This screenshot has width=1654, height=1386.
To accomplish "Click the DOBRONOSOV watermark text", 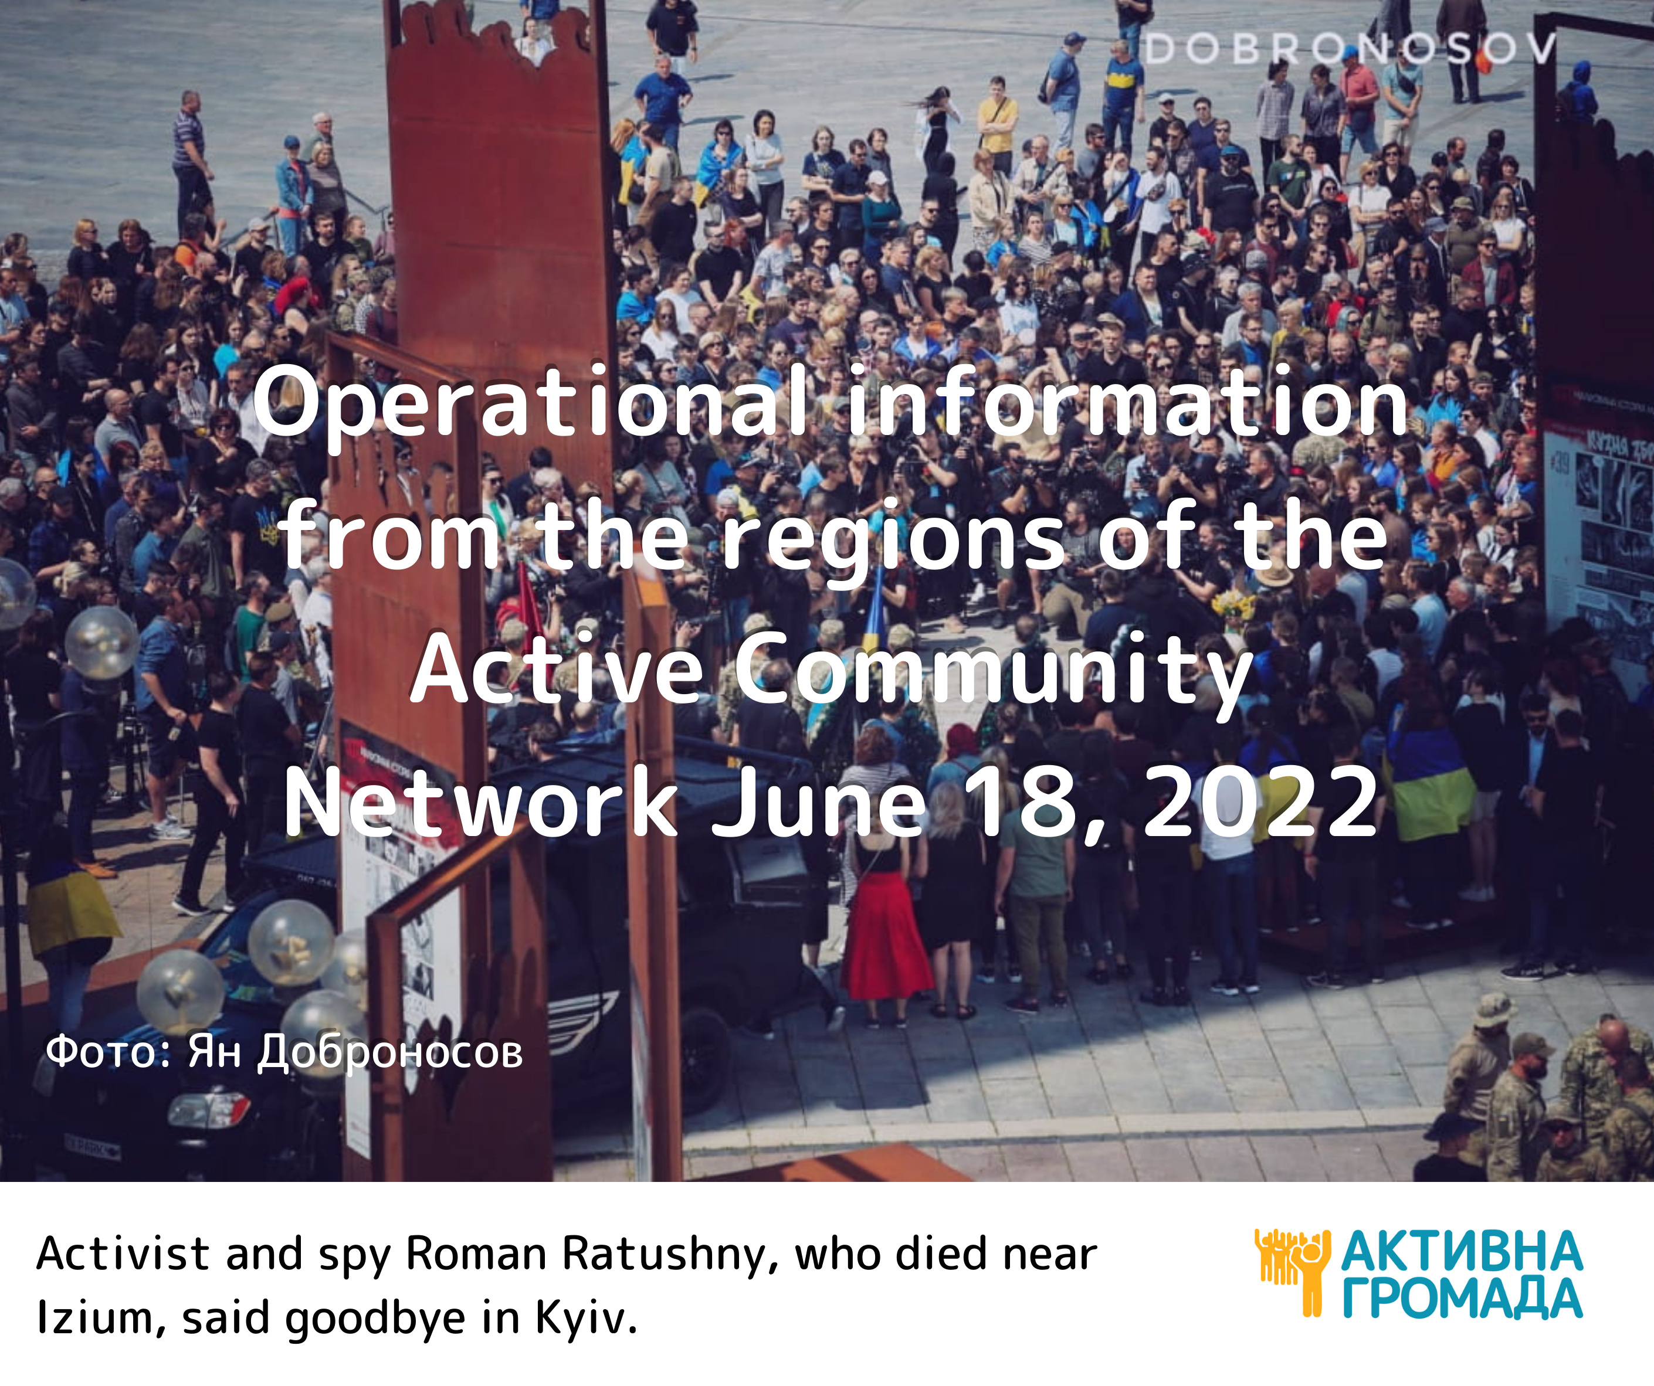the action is tap(1350, 49).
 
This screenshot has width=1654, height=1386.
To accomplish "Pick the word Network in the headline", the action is tap(480, 803).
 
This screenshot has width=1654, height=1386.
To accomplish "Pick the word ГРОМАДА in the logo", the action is tap(1462, 1299).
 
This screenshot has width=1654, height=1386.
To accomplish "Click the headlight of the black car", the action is tap(209, 1110).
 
